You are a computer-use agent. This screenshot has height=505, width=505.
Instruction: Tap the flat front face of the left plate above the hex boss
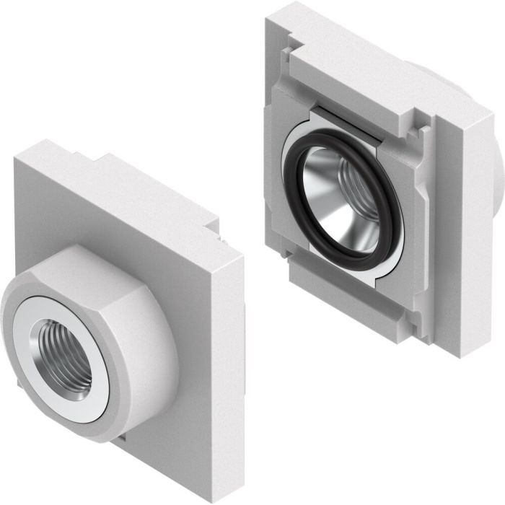point(108,209)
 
